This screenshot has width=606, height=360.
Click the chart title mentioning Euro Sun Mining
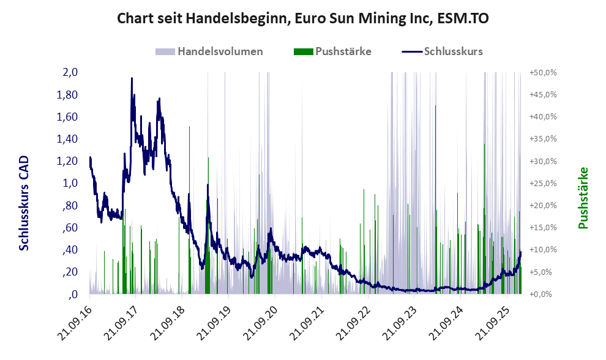(302, 19)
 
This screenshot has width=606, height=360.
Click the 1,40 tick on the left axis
(67, 139)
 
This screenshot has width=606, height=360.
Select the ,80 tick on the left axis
(69, 206)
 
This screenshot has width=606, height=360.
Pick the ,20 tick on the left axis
(69, 272)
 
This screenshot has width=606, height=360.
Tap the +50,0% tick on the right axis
(543, 72)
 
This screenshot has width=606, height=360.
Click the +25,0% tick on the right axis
(543, 183)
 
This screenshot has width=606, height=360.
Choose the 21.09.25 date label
(485, 321)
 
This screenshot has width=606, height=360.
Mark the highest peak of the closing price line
(132, 78)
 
